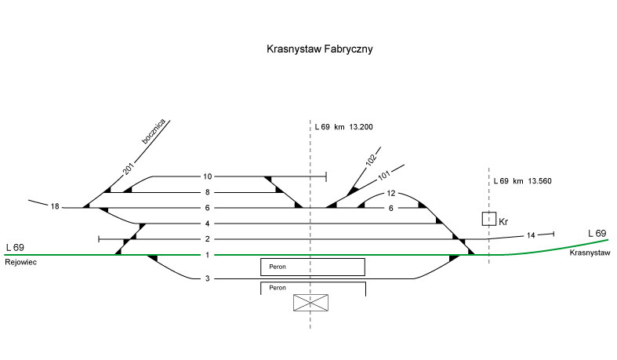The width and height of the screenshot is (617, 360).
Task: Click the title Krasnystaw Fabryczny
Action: click(x=318, y=49)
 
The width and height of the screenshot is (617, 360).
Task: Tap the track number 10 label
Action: click(x=208, y=176)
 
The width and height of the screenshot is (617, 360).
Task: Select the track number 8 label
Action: click(x=208, y=192)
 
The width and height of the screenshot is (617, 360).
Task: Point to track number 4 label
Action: click(x=208, y=224)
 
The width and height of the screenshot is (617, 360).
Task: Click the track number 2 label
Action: click(x=208, y=239)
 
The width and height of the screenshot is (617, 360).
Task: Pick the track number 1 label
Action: click(x=208, y=255)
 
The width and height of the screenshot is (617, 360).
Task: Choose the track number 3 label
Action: click(x=208, y=278)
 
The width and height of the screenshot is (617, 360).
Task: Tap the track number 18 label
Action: click(x=55, y=207)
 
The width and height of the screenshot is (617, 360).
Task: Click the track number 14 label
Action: click(x=531, y=235)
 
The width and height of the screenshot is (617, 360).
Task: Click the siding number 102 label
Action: click(x=371, y=161)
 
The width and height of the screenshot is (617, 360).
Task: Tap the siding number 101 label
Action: click(x=383, y=175)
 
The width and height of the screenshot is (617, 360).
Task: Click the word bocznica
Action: click(x=154, y=133)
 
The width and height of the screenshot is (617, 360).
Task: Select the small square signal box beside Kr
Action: click(x=489, y=219)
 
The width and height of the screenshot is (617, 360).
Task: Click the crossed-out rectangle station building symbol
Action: click(x=310, y=304)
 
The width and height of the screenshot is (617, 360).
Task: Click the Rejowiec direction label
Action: click(x=20, y=262)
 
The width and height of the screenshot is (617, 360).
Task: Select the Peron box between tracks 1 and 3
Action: click(x=313, y=267)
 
